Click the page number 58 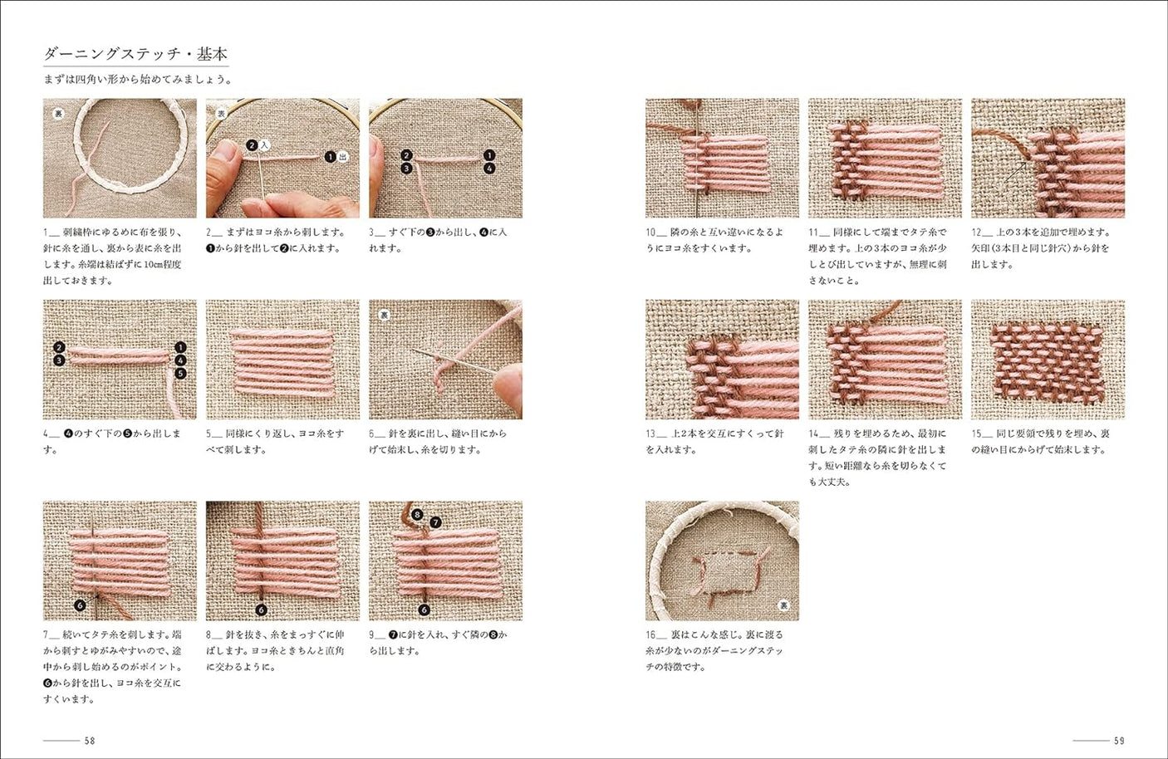tap(90, 740)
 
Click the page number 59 tap(1119, 740)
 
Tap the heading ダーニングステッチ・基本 tap(135, 54)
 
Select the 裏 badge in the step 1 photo tap(58, 113)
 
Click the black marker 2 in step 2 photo tap(252, 145)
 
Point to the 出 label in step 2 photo tap(343, 156)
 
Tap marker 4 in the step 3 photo tap(489, 169)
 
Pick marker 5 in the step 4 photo tap(180, 373)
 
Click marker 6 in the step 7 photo tap(80, 605)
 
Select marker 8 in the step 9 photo tap(417, 515)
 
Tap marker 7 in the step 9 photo tap(435, 522)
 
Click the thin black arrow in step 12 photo tap(1015, 173)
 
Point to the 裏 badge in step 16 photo tap(783, 605)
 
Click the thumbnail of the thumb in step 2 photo tap(225, 152)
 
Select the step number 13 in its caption tap(650, 433)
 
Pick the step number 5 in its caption tap(209, 433)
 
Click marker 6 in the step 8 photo tap(261, 610)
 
